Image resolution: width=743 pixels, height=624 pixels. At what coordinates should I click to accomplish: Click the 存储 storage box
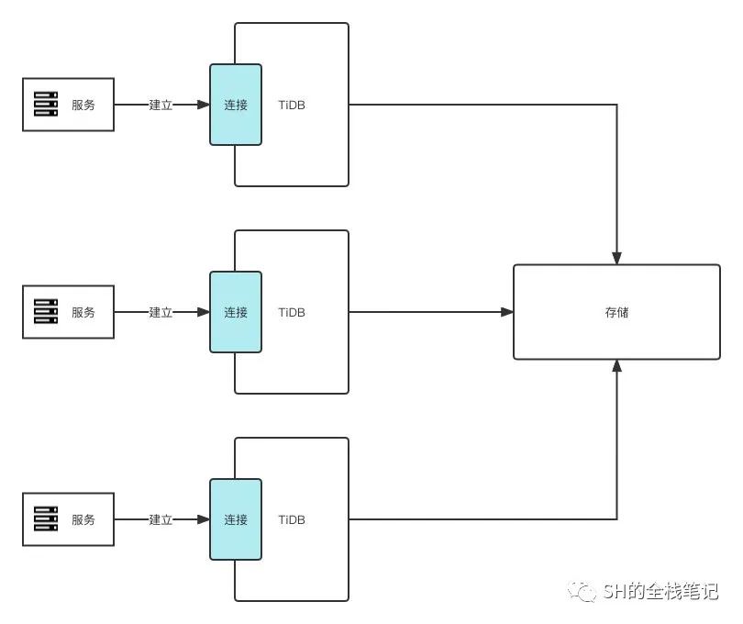[x=616, y=312]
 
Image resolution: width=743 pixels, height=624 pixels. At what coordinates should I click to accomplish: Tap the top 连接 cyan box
[x=236, y=105]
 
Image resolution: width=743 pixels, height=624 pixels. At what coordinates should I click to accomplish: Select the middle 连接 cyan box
[x=236, y=312]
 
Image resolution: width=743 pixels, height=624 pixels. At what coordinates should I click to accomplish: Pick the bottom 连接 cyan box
[x=236, y=519]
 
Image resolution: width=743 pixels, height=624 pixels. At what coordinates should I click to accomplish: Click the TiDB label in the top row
[x=292, y=105]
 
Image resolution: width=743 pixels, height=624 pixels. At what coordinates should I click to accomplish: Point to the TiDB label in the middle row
[x=292, y=312]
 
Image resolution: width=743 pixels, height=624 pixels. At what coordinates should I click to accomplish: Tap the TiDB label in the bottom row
[x=292, y=519]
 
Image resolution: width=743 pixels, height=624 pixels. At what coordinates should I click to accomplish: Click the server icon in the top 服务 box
[x=46, y=105]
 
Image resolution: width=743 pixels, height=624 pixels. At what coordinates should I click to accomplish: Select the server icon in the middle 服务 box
[x=46, y=312]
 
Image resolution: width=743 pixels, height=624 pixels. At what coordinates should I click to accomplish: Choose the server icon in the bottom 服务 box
[x=46, y=519]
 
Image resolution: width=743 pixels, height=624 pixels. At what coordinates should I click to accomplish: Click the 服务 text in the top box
[x=83, y=105]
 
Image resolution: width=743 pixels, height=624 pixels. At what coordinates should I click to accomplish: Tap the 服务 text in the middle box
[x=83, y=312]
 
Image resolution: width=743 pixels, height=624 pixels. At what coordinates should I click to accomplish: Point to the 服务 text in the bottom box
[x=83, y=519]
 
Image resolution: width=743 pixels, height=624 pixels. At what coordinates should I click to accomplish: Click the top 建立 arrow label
[x=161, y=105]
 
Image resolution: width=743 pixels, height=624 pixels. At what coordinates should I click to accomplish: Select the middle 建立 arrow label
[x=161, y=312]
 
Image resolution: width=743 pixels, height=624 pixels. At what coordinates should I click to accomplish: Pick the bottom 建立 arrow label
[x=161, y=519]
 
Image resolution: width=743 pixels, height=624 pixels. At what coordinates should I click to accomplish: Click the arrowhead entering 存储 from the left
[x=507, y=312]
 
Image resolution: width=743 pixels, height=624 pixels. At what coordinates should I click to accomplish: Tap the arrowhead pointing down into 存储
[x=617, y=258]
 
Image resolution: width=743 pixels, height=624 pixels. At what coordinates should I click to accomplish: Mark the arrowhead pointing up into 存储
[x=617, y=366]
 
